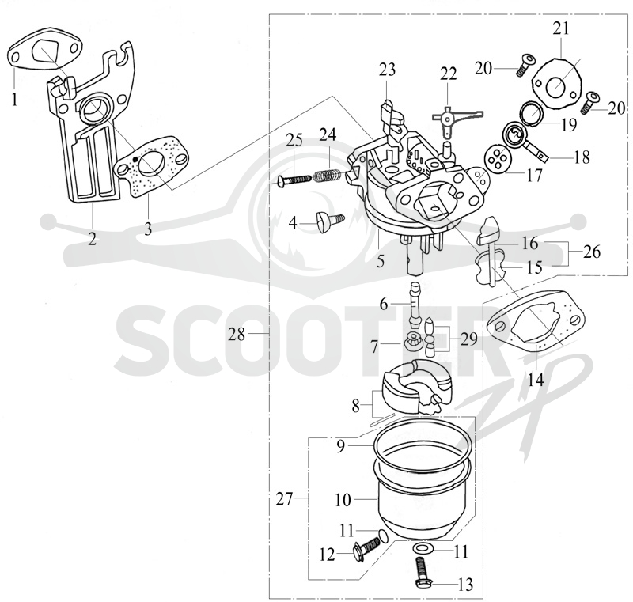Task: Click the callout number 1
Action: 14,99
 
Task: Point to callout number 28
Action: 237,334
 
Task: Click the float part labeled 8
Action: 416,387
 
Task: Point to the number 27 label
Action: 284,499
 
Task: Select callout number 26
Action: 592,252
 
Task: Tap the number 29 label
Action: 468,339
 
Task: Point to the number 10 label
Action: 343,500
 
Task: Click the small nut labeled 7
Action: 410,342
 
